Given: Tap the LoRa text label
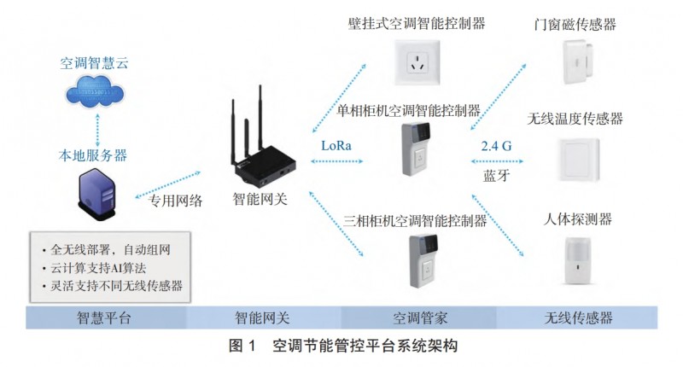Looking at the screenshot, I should (x=338, y=145).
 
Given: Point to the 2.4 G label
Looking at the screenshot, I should (x=497, y=146).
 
